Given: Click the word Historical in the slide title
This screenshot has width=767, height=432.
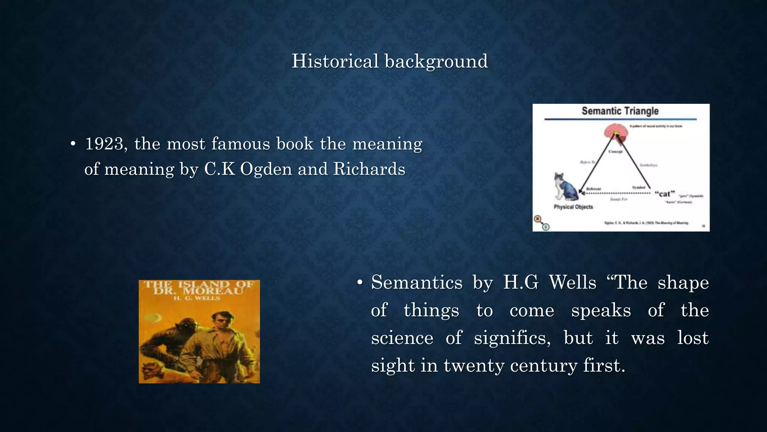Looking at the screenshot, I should tap(335, 61).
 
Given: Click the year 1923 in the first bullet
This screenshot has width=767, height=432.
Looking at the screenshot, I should tap(104, 144).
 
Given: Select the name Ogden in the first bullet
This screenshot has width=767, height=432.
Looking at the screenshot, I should tap(266, 169).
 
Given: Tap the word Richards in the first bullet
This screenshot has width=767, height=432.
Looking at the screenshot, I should tap(369, 169).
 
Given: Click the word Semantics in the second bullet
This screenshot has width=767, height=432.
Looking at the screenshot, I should tap(416, 282).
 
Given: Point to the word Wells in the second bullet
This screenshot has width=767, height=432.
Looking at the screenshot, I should tap(572, 282).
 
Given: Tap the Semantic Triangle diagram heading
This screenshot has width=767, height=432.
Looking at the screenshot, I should tap(620, 111).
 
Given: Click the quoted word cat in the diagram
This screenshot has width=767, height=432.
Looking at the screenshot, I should tap(664, 194).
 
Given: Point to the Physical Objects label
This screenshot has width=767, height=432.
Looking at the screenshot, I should tap(573, 207).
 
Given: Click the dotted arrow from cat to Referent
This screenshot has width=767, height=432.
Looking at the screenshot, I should tap(618, 193).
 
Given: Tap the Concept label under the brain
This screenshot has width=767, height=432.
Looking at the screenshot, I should tap(615, 152).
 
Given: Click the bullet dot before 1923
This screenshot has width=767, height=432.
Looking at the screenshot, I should tap(73, 144).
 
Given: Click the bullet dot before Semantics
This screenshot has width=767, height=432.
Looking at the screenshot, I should tap(360, 283).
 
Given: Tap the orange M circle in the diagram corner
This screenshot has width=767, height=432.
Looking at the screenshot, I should tap(538, 219).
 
